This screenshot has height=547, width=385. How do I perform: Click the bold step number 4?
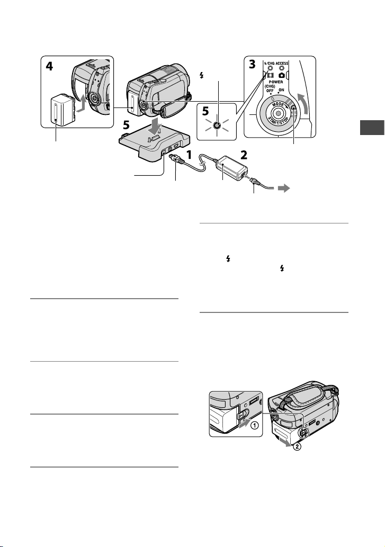[x=50, y=66]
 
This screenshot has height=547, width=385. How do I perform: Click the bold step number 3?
[x=252, y=65]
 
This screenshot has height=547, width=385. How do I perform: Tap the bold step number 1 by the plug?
[x=189, y=155]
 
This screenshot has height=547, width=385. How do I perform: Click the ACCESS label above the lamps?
[x=282, y=63]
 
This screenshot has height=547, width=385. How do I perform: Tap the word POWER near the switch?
[x=276, y=82]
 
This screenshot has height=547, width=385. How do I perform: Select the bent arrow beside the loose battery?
[x=81, y=103]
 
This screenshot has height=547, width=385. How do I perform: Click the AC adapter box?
[x=231, y=168]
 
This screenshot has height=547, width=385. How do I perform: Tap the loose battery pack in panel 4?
[x=62, y=110]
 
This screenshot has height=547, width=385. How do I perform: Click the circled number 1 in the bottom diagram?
[x=255, y=426]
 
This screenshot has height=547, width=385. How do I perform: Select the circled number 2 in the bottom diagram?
[x=297, y=446]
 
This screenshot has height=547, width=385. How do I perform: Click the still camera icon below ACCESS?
[x=281, y=75]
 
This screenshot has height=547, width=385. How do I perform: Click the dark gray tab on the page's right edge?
[x=372, y=127]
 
